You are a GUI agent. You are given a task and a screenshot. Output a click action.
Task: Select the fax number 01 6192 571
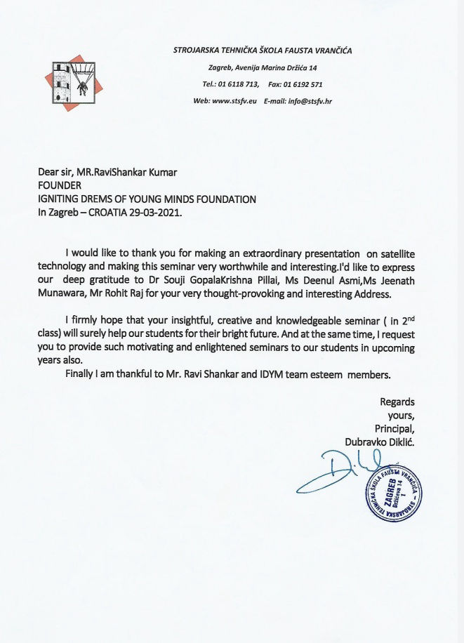click(x=306, y=84)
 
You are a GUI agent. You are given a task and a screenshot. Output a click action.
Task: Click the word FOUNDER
click(x=60, y=185)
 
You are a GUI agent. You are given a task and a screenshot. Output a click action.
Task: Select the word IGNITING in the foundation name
click(x=62, y=199)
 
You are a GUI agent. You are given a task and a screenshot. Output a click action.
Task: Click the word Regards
click(x=397, y=402)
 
